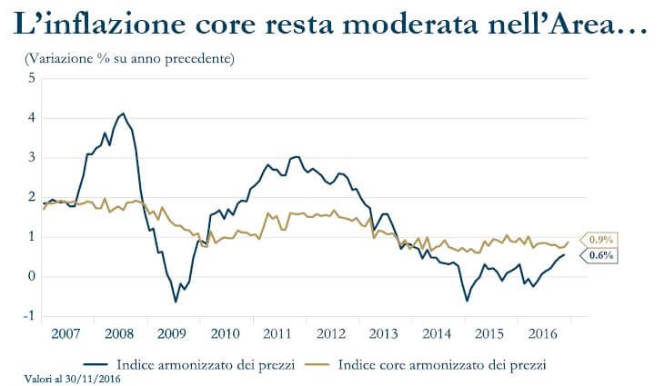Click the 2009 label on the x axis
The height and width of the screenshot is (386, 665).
point(172,333)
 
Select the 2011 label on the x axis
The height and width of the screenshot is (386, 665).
point(277,333)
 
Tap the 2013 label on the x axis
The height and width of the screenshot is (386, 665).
point(383,333)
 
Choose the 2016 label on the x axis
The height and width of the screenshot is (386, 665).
point(542,333)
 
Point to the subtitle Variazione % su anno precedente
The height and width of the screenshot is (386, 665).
point(129,60)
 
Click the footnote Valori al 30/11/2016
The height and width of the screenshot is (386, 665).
point(65,379)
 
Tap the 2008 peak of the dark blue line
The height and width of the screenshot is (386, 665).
point(123,114)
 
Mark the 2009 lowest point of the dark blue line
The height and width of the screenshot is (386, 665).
point(176,301)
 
